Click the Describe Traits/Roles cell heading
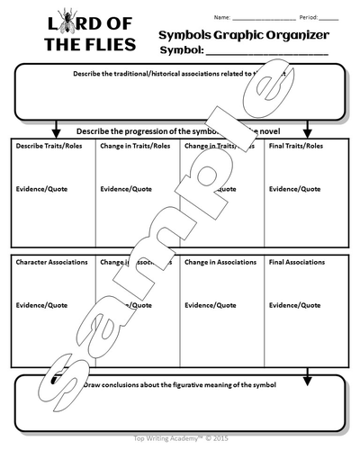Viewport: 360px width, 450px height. (x=46, y=145)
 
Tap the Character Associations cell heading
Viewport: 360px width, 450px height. (x=52, y=262)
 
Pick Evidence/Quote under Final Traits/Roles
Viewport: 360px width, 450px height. (x=294, y=189)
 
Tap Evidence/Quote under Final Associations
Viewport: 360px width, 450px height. (x=294, y=305)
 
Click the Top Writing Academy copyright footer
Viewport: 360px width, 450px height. (x=180, y=434)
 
